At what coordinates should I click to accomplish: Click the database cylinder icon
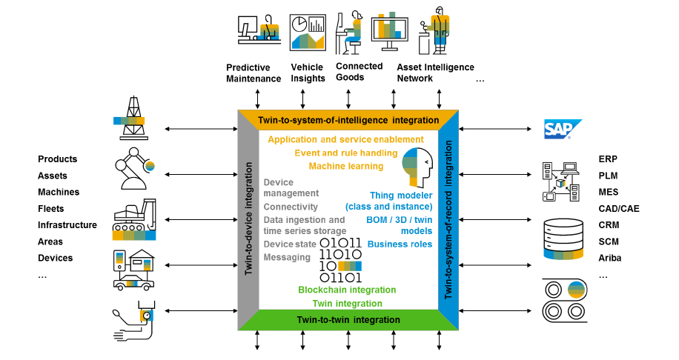565,238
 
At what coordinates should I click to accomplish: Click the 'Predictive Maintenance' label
254,73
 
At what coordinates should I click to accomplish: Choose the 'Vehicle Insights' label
308,73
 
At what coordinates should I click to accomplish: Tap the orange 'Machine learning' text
345,166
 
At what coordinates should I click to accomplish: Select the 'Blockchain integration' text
347,290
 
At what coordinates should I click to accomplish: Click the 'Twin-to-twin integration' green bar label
348,320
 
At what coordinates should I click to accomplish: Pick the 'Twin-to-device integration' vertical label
248,219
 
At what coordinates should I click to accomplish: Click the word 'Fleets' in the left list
51,209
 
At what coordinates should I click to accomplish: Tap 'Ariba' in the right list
610,258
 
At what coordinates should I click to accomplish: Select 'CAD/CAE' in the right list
618,209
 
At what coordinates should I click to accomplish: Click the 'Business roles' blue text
400,244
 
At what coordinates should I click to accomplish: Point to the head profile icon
416,167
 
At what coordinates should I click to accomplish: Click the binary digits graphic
340,260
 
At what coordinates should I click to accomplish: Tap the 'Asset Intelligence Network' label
435,73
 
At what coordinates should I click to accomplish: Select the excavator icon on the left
134,220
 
